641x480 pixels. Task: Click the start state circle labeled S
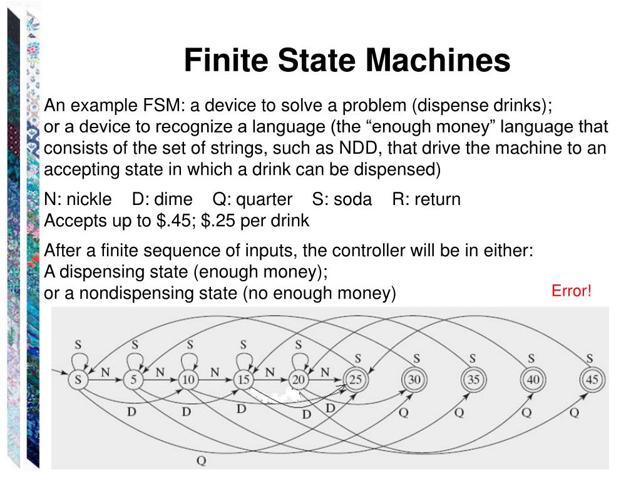[x=78, y=379]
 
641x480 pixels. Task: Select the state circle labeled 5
[x=133, y=379]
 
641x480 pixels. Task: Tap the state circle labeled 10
[x=188, y=379]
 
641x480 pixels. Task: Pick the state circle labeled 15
[x=244, y=379]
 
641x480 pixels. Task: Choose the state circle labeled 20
[x=299, y=379]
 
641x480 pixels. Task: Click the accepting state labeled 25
[x=355, y=379]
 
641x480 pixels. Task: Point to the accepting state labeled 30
[x=414, y=379]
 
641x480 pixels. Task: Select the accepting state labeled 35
[x=473, y=379]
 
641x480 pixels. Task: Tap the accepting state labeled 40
[x=531, y=379]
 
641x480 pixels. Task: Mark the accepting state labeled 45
[x=590, y=379]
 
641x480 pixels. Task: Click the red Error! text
[x=571, y=291]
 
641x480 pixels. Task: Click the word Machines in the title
[x=438, y=61]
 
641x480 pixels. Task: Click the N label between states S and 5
[x=105, y=372]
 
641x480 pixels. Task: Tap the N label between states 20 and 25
[x=325, y=372]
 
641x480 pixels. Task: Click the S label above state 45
[x=590, y=359]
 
